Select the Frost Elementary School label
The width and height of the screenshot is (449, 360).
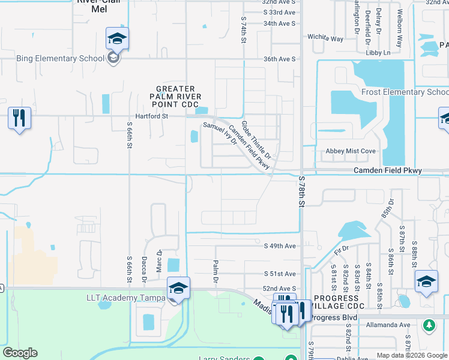[x=405, y=92]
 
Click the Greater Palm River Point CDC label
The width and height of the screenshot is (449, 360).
[x=175, y=97]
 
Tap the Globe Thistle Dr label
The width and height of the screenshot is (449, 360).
[x=256, y=140]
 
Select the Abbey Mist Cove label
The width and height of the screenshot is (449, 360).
[x=350, y=151]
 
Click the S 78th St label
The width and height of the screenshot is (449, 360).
[x=301, y=193]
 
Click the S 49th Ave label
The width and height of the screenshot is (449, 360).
[x=280, y=246]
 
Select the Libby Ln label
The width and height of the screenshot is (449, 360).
[x=378, y=53]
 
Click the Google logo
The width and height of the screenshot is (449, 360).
[x=20, y=353]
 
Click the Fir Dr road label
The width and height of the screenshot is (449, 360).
[x=342, y=248]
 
